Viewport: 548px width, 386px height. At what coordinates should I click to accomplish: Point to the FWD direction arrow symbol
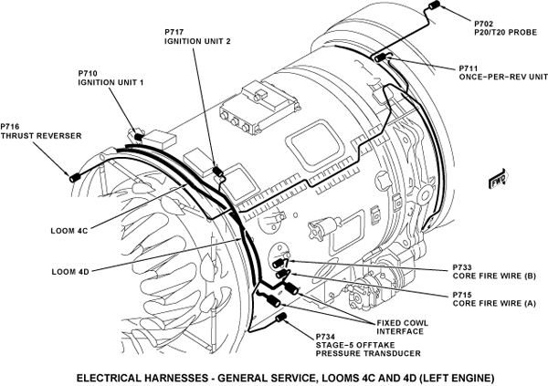pos(500,178)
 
